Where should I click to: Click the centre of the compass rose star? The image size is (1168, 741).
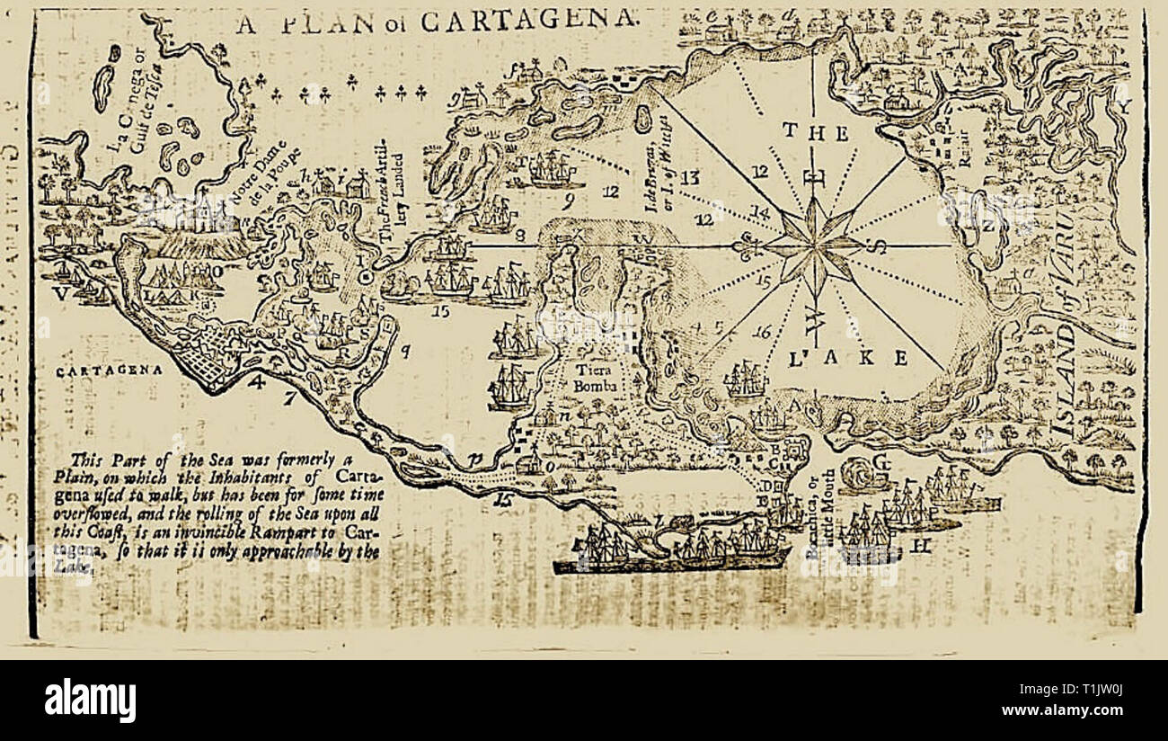[814, 245]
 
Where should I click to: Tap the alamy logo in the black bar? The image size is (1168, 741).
[90, 700]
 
